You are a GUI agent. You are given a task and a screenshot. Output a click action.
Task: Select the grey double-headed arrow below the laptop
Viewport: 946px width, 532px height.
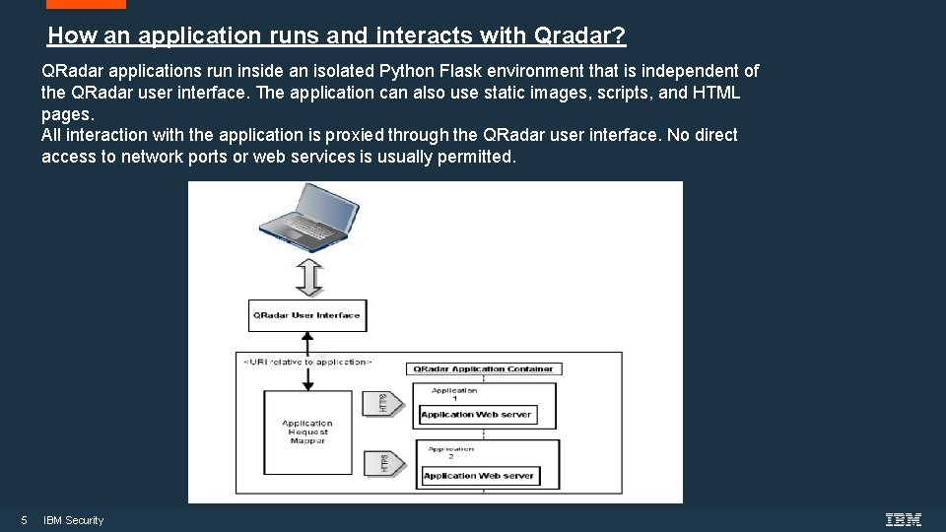(309, 277)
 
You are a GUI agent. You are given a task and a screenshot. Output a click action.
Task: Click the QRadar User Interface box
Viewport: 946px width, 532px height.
(306, 315)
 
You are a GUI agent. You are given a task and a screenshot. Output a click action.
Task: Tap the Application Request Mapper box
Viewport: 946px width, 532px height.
(307, 431)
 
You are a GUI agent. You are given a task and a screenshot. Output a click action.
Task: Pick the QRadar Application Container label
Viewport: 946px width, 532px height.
(483, 368)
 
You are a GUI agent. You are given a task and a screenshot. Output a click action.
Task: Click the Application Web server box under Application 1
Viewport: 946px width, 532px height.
(476, 415)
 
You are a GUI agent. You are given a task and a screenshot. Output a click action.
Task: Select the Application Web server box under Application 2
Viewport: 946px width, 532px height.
(478, 476)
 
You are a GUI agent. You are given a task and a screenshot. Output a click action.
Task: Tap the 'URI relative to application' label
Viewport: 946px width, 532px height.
(307, 362)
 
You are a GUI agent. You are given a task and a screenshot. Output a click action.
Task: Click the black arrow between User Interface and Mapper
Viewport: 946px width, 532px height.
(306, 345)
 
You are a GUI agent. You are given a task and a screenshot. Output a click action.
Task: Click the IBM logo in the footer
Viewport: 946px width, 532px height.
(903, 520)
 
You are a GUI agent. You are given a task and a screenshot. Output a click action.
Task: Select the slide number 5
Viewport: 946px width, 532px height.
(24, 520)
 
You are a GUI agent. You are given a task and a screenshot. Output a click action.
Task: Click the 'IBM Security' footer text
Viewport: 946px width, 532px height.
(74, 520)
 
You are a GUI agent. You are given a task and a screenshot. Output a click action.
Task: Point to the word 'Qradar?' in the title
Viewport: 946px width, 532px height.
(579, 36)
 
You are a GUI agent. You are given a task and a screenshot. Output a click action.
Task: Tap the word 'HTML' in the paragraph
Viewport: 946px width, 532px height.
(717, 93)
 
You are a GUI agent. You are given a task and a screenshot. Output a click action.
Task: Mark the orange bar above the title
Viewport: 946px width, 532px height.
(86, 4)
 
